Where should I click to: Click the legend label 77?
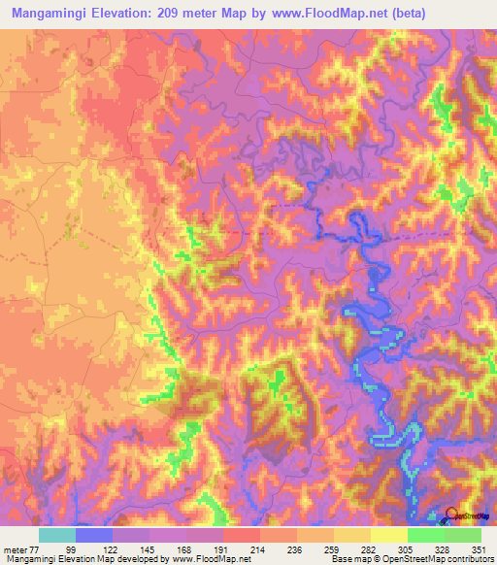coord(38,548)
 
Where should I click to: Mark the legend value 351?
coord(480,548)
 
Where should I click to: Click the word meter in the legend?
coord(16,548)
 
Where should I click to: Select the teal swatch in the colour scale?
coord(56,535)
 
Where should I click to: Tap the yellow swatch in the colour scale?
coord(388,535)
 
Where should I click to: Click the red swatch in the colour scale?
coord(241,535)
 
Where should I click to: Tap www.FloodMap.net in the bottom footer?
coord(212,559)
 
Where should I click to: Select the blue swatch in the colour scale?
coord(93,535)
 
